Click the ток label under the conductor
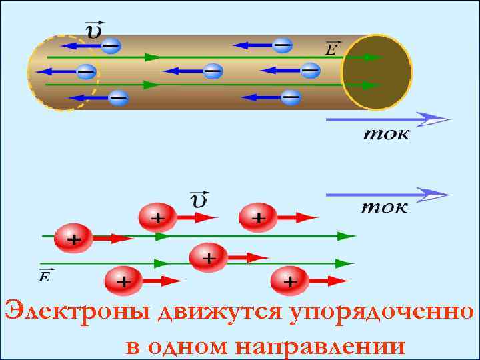(387, 134)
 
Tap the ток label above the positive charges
(385, 206)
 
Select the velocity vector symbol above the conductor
(93, 29)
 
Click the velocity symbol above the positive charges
(198, 199)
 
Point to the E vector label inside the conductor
(331, 48)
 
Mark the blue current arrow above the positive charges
(387, 193)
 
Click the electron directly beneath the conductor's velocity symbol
(111, 45)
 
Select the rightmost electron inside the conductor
(310, 69)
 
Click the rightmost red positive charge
(289, 281)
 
